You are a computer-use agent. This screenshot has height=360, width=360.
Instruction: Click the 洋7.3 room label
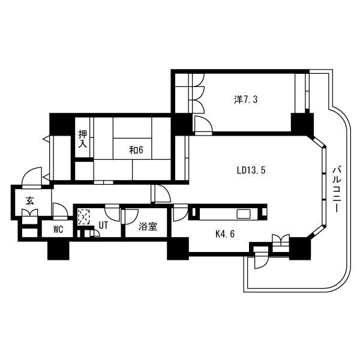point(245,100)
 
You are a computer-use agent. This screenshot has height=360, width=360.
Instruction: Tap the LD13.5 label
point(251,170)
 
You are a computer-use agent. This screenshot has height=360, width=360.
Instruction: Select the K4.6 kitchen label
point(225,234)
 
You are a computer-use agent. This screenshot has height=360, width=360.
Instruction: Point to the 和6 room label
point(136,150)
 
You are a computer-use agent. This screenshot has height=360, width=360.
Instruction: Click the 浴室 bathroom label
point(148,227)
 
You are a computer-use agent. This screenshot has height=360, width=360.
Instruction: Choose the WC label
point(58,229)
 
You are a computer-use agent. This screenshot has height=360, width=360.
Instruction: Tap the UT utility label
point(103,225)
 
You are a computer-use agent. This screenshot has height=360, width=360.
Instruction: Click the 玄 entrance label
point(30,200)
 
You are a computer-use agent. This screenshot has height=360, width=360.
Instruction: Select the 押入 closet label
point(83,139)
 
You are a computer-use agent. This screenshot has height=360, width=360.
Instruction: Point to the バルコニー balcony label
point(337,190)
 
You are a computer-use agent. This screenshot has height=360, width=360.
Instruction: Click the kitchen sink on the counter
point(244,214)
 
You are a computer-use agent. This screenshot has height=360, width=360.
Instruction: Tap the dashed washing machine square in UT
point(84,216)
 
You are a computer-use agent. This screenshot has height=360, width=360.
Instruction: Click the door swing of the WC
point(60,210)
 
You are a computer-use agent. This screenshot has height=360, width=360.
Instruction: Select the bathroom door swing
point(130,216)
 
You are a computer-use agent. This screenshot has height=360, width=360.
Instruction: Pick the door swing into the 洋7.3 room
point(203,125)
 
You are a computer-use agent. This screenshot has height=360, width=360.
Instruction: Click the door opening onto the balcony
point(261,260)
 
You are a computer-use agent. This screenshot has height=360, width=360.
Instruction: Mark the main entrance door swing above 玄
point(32,176)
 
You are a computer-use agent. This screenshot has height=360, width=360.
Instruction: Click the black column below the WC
point(58,250)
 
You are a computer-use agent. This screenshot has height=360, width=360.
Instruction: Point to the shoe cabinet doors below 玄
point(29,212)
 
